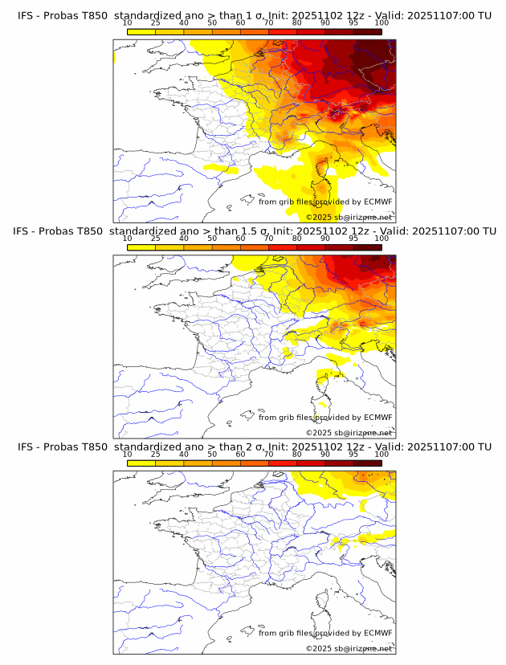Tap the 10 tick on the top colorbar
(127, 22)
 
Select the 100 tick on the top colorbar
(382, 22)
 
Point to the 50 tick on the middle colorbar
(212, 238)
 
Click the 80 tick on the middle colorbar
(297, 238)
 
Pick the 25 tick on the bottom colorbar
(155, 453)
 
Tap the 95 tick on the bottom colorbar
(353, 453)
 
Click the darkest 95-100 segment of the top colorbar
(367, 31)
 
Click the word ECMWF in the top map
(378, 202)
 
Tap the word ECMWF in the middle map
(378, 418)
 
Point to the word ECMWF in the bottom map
(378, 633)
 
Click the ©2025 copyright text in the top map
(319, 218)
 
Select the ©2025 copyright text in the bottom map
(319, 648)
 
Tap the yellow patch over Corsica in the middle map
(325, 376)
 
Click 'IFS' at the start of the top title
(26, 16)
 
